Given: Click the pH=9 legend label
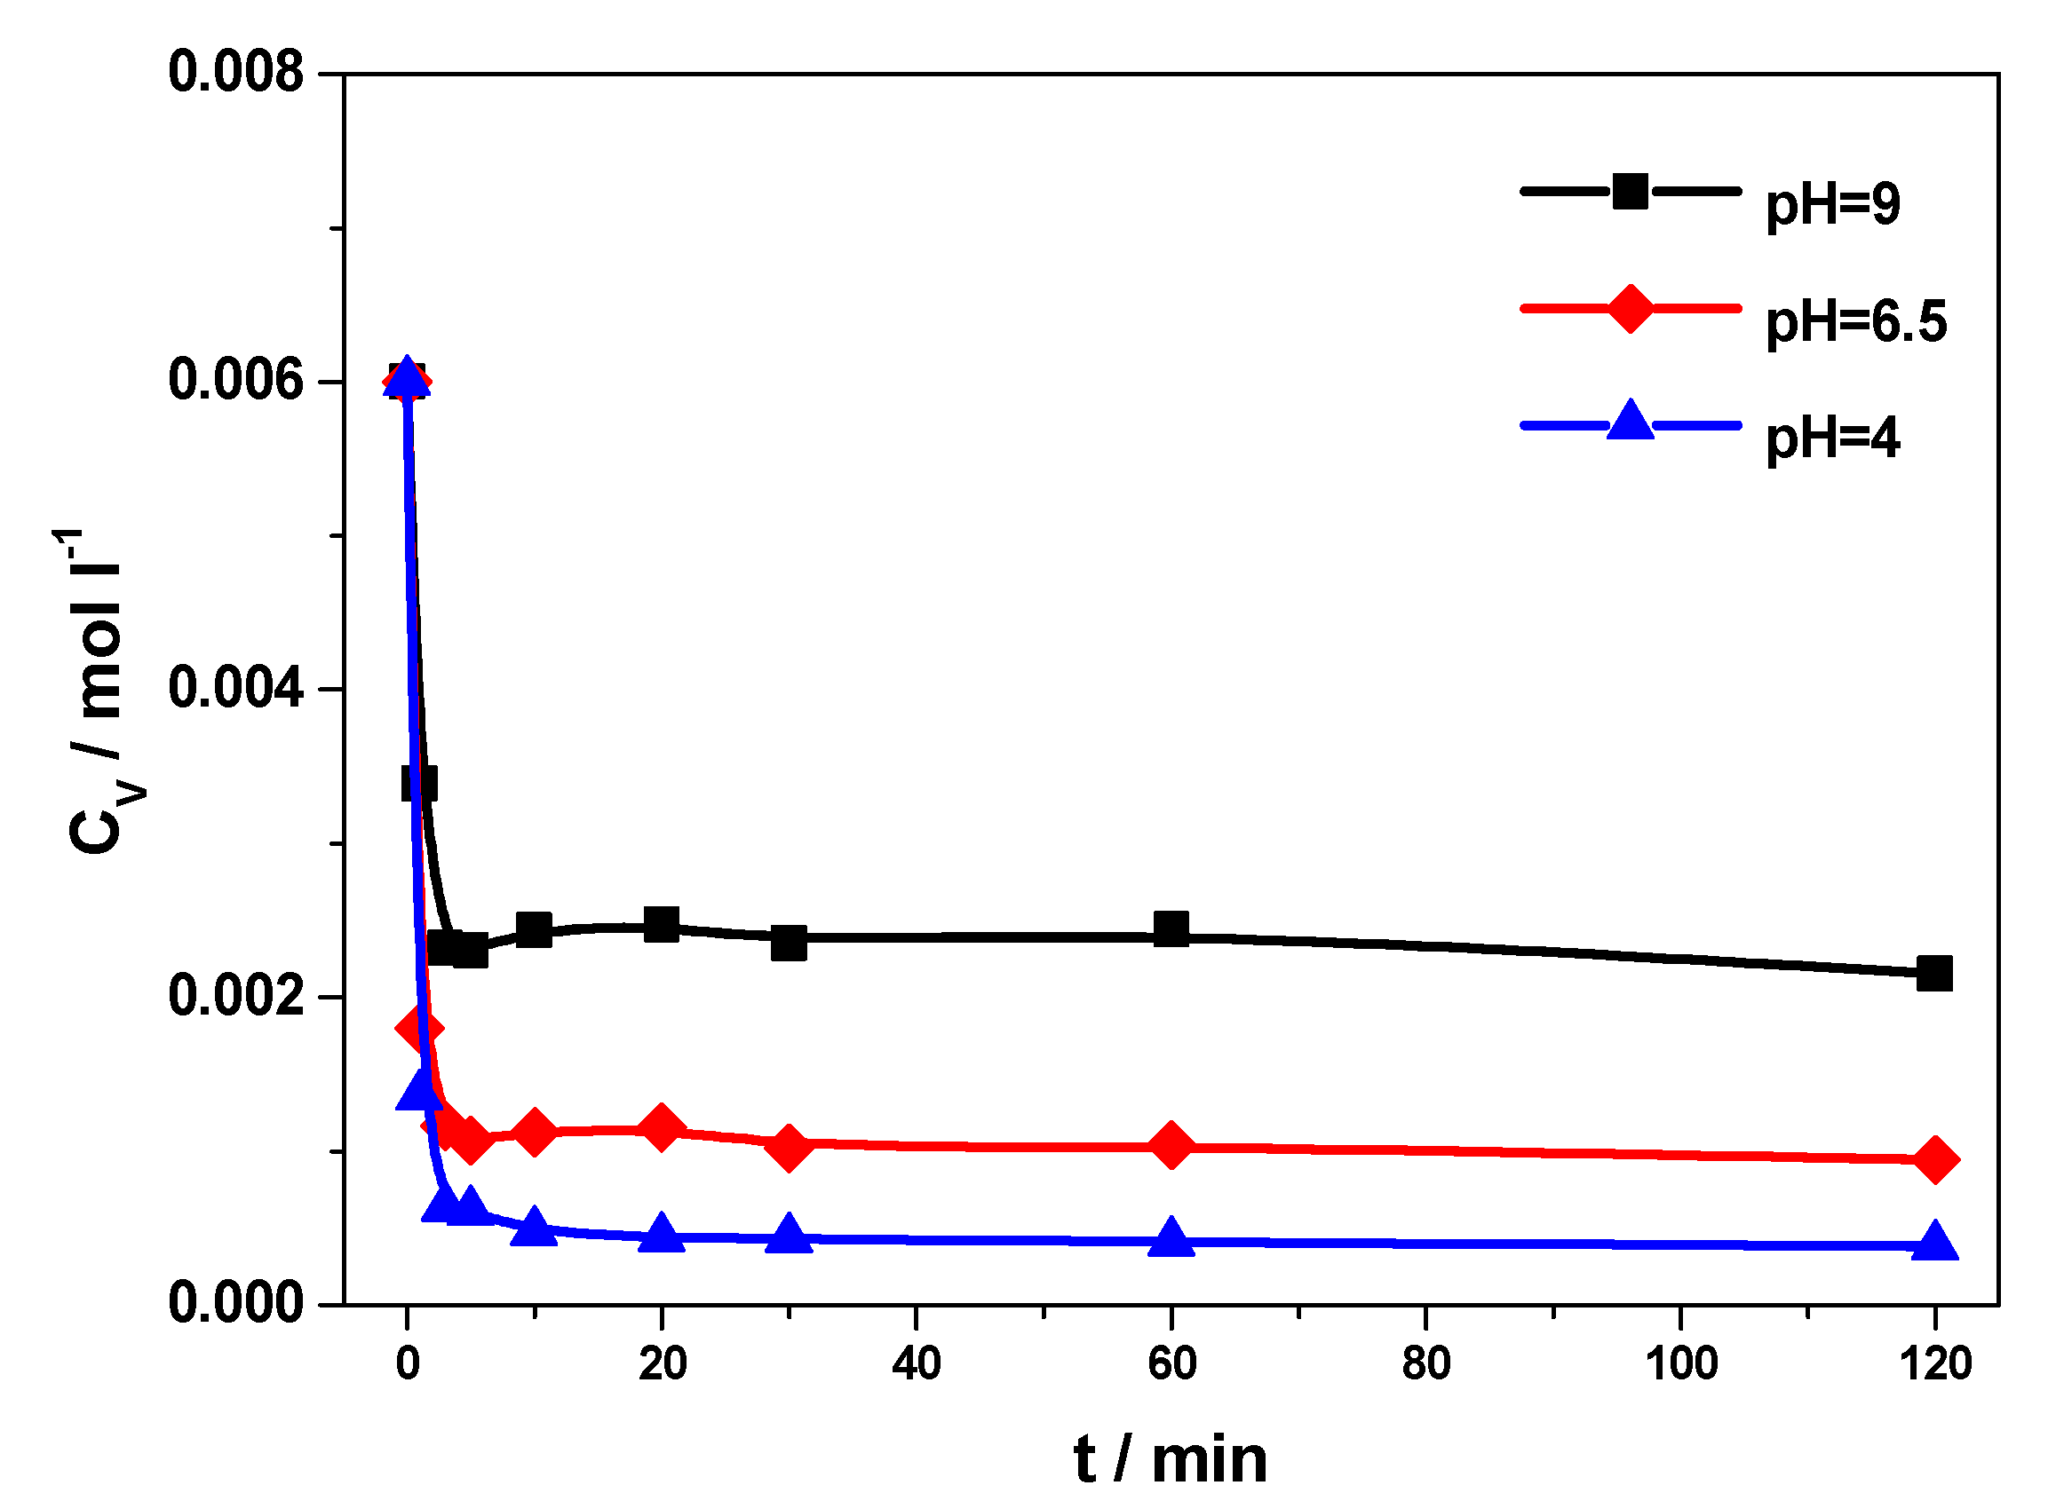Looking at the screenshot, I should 1831,205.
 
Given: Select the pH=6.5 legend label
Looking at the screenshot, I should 1855,321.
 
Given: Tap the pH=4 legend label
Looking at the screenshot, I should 1831,438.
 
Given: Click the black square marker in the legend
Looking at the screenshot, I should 1630,192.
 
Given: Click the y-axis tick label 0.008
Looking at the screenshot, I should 234,72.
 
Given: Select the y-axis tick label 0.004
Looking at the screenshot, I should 234,688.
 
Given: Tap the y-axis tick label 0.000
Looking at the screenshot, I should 234,1302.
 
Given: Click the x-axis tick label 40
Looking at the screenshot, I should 916,1364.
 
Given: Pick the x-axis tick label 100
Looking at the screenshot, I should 1680,1364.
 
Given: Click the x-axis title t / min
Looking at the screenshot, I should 1171,1459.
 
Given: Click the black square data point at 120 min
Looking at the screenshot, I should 1933,974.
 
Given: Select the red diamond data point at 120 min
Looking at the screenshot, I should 1933,1160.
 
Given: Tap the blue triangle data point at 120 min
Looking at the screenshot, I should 1933,1243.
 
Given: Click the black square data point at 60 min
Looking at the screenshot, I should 1171,929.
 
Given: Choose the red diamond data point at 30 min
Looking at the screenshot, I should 789,1145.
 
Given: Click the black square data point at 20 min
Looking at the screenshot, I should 662,924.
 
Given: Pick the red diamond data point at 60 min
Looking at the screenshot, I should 1171,1145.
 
